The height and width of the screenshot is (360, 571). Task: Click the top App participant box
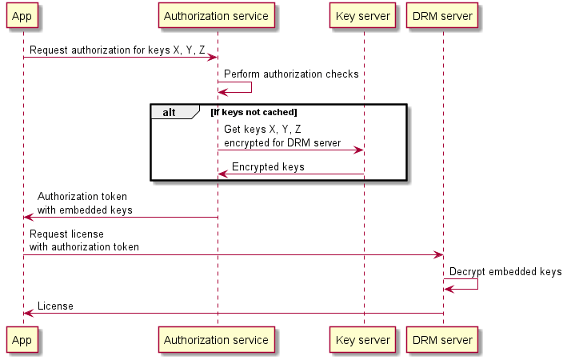point(22,15)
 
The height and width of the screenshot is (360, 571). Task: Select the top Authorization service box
point(216,15)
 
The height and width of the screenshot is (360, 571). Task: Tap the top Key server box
point(363,15)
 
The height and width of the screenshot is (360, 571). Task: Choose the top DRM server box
point(442,15)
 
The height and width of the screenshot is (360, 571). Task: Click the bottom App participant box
point(22,340)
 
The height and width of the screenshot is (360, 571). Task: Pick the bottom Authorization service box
point(216,340)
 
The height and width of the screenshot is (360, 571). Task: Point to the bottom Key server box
point(363,340)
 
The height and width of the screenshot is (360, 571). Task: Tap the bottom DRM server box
point(442,340)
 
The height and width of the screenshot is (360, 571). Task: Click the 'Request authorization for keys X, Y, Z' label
point(118,50)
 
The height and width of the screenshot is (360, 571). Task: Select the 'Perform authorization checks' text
point(291,74)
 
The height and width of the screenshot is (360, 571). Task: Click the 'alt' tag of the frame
point(170,112)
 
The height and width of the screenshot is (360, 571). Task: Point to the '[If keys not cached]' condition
point(254,112)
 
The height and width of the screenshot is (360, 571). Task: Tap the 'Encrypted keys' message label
point(267,167)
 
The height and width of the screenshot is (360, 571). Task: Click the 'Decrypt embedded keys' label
point(505,272)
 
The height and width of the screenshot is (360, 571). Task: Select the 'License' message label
point(55,306)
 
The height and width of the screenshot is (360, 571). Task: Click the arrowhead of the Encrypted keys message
point(222,174)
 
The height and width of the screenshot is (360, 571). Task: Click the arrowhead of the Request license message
point(437,254)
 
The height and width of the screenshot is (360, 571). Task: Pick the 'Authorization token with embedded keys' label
point(84,202)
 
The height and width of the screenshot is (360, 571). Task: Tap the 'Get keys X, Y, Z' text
point(262,129)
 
